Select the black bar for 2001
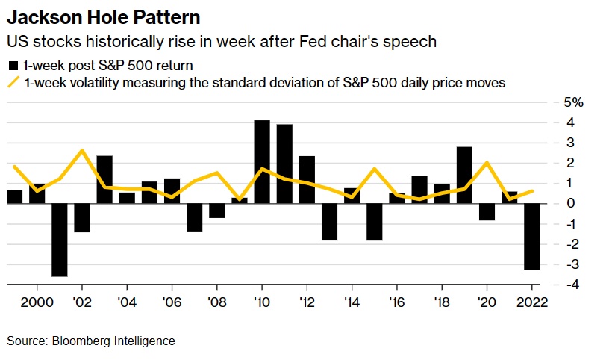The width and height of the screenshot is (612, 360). (60, 239)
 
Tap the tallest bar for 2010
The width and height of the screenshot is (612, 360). (261, 161)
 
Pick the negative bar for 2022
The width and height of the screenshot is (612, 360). (531, 236)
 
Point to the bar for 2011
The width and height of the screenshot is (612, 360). (284, 164)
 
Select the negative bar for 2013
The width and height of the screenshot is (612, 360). (329, 221)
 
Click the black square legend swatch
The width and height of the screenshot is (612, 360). (13, 65)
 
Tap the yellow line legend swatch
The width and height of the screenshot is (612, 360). (13, 83)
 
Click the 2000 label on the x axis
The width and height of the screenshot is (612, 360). (37, 302)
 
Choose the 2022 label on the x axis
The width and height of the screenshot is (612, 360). (531, 302)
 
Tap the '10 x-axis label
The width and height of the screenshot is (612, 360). (261, 302)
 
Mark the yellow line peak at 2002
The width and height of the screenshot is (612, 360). (82, 150)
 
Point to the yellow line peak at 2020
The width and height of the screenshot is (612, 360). (487, 163)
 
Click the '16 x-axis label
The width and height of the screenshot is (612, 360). (396, 302)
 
